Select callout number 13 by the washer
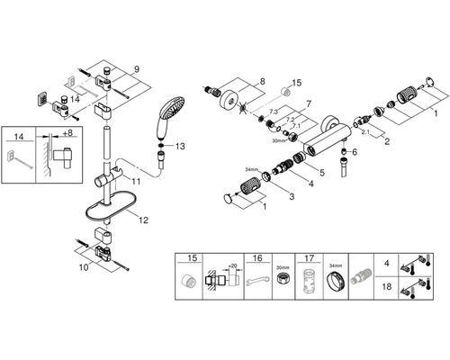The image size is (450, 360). (180, 147)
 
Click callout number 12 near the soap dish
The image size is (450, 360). (144, 220)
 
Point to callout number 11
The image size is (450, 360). (136, 182)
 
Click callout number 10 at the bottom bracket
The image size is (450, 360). (84, 267)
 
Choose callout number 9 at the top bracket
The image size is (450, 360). (137, 70)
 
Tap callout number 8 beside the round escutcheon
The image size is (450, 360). (263, 81)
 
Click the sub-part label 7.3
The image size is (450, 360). (274, 112)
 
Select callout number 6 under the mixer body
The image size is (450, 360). (355, 152)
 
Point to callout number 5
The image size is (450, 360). (322, 173)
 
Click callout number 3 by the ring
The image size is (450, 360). (292, 196)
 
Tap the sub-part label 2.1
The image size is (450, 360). (365, 132)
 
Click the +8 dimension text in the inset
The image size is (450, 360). (68, 132)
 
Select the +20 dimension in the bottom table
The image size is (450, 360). (232, 265)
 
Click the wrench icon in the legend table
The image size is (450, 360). (257, 281)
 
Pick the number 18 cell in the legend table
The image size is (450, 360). (387, 286)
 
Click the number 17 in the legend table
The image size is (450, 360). (310, 258)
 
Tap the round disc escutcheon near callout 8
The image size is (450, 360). (230, 98)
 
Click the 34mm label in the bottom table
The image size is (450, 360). (336, 265)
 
